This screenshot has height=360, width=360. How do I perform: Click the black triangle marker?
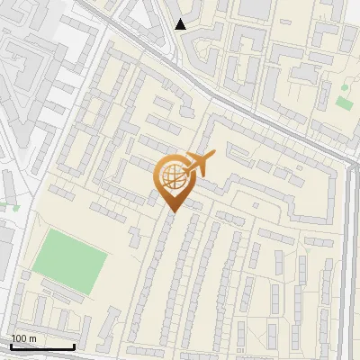pos(181,24)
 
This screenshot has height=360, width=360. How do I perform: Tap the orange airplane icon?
pos(201,165)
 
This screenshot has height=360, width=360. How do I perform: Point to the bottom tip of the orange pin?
pos(171,212)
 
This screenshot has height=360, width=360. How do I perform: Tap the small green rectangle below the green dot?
pos(343,102)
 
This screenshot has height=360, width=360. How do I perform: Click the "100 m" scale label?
pos(23,338)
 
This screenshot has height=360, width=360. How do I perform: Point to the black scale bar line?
pos(42,346)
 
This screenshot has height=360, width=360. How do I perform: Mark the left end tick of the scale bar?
pos(11,346)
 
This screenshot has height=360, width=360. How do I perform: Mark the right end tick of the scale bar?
pos(74,346)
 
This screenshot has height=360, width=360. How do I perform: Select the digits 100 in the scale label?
pos(19,338)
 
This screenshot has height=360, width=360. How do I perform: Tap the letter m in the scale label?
pos(32,338)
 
